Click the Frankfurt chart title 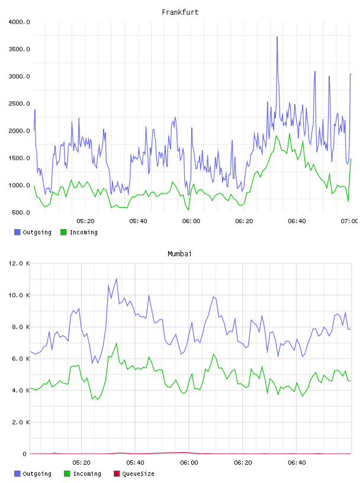click(180, 12)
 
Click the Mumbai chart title click(179, 254)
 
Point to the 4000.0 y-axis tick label click(19, 22)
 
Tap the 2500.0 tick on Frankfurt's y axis click(19, 104)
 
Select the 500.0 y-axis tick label click(21, 212)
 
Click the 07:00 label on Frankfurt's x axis click(349, 221)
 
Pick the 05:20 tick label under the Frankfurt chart click(85, 221)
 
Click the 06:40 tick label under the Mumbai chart click(297, 463)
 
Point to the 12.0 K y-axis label click(19, 263)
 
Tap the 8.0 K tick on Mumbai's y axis click(21, 327)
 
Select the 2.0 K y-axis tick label click(21, 422)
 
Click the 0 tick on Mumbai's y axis click(24, 454)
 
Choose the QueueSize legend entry click(134, 474)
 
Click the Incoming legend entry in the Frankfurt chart click(79, 232)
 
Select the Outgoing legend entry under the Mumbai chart click(33, 474)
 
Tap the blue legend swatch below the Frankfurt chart click(17, 232)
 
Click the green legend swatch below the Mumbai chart click(67, 474)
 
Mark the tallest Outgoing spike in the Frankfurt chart click(277, 37)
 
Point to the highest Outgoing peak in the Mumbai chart click(117, 279)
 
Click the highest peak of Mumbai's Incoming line click(117, 343)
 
